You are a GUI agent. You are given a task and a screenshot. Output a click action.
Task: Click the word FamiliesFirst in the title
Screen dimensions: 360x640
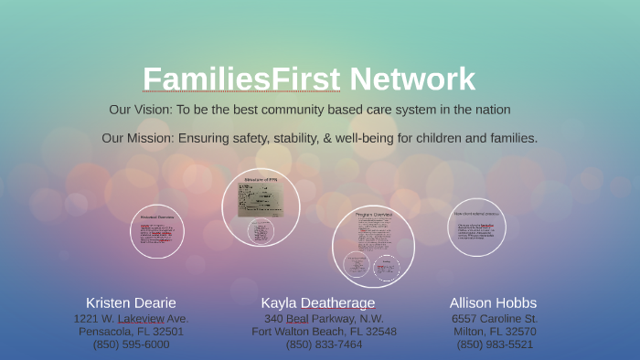coord(241,79)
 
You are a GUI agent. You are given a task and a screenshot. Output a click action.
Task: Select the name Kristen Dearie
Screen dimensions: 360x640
coord(131,302)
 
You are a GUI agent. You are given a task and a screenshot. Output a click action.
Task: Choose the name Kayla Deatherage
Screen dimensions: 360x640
coord(318,302)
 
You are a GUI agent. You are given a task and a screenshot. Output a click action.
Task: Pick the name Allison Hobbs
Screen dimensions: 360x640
coord(493,302)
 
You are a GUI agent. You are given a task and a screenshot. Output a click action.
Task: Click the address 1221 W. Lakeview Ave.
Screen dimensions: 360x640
coord(131,319)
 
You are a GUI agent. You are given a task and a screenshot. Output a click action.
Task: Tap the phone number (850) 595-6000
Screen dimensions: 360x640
coord(131,344)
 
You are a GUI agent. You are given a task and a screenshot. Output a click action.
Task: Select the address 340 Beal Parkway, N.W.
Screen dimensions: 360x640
coord(324,319)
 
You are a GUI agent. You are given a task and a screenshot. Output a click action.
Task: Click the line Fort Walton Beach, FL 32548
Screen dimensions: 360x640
coord(324,332)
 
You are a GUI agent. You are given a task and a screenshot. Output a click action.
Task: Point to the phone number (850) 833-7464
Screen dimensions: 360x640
coord(324,344)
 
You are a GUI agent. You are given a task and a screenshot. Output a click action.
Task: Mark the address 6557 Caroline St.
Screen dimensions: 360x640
coord(495,319)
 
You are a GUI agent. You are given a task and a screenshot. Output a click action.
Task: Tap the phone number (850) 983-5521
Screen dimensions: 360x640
coord(495,344)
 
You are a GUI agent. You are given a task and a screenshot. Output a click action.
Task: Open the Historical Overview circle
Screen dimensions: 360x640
coord(157,231)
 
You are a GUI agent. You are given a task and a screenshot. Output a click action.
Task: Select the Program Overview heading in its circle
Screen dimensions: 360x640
coord(373,214)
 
